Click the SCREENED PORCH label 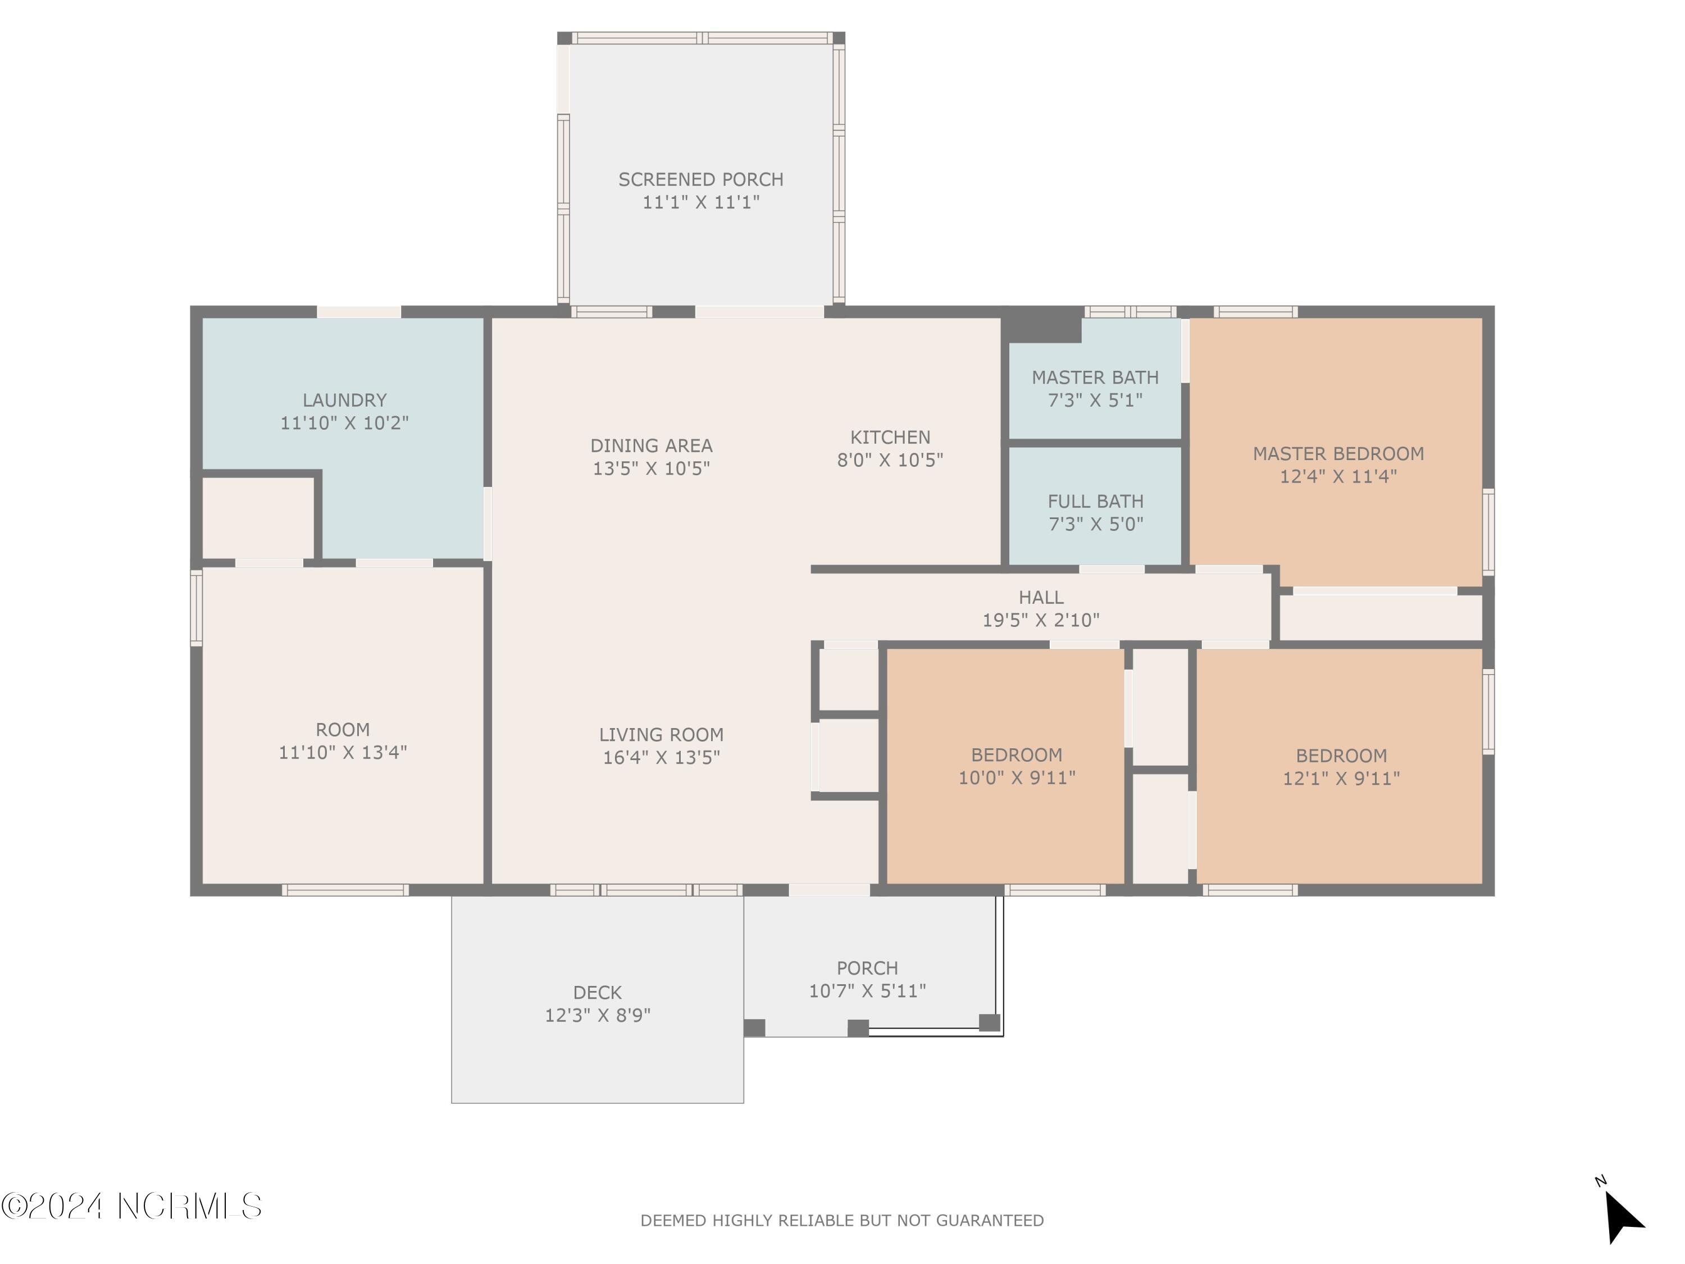pyautogui.click(x=700, y=180)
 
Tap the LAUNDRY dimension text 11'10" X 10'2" pyautogui.click(x=344, y=423)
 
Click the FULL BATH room pyautogui.click(x=1095, y=512)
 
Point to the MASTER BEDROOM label pyautogui.click(x=1338, y=454)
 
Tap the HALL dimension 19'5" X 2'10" pyautogui.click(x=1041, y=620)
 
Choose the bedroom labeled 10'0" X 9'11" pyautogui.click(x=1016, y=766)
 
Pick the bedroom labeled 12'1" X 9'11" pyautogui.click(x=1341, y=766)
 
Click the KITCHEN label pyautogui.click(x=890, y=437)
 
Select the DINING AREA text pyautogui.click(x=652, y=445)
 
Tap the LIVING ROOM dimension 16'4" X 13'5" pyautogui.click(x=661, y=757)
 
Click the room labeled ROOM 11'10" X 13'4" pyautogui.click(x=343, y=740)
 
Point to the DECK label pyautogui.click(x=597, y=993)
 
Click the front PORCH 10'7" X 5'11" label pyautogui.click(x=867, y=979)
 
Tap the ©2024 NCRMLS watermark pyautogui.click(x=131, y=1206)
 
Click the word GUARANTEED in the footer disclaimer pyautogui.click(x=990, y=1221)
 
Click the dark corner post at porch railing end pyautogui.click(x=989, y=1022)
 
